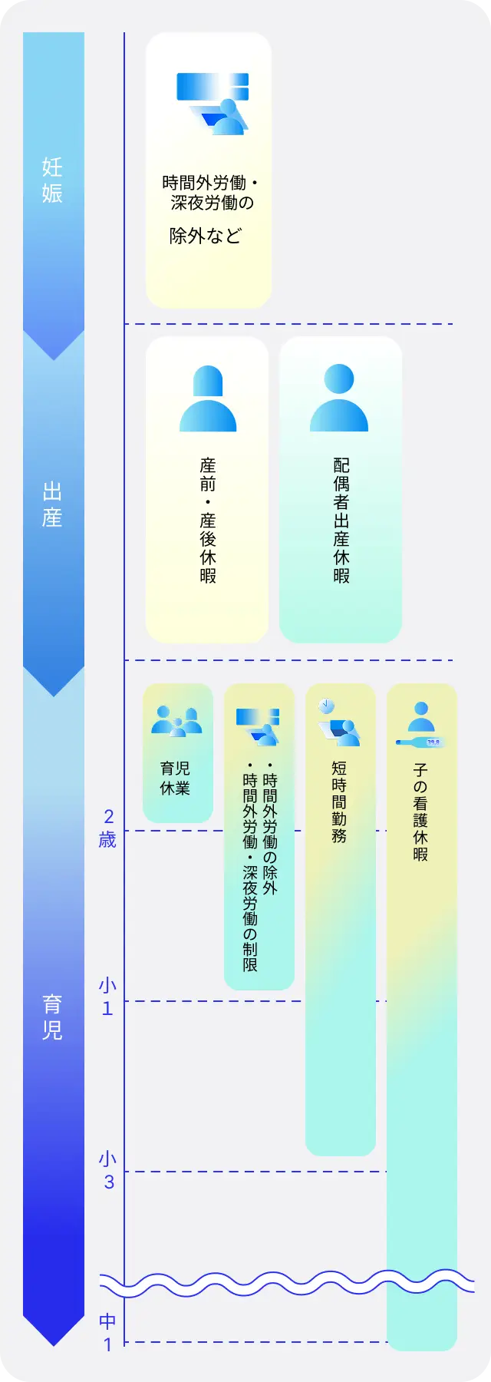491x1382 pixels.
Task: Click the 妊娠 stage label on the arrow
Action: click(x=52, y=180)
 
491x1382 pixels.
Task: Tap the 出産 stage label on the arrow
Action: click(x=52, y=504)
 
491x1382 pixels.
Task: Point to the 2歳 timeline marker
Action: click(x=108, y=828)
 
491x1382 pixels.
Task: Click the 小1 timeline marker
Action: click(x=108, y=997)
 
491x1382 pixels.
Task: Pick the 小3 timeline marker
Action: click(x=108, y=1170)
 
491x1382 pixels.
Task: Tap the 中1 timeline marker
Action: click(x=108, y=1332)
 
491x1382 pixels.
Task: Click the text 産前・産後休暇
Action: click(x=208, y=520)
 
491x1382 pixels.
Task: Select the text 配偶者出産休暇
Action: click(x=341, y=520)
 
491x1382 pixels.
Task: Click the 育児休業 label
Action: click(x=175, y=778)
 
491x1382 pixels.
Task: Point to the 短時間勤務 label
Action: click(x=339, y=802)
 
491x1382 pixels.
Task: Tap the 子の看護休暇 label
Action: click(x=420, y=812)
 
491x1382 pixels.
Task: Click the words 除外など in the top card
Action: click(x=206, y=236)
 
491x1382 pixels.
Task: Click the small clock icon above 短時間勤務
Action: click(x=326, y=704)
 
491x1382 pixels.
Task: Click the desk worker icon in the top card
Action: click(x=213, y=104)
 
